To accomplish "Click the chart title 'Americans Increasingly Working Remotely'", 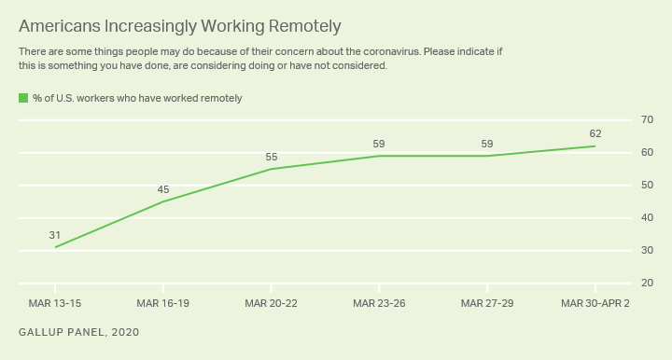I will pyautogui.click(x=179, y=25).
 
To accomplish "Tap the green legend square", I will pyautogui.click(x=23, y=98).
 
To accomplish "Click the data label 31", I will pyautogui.click(x=55, y=235).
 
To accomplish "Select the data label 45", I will pyautogui.click(x=163, y=189).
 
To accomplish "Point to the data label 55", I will pyautogui.click(x=271, y=157).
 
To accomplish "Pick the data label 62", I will pyautogui.click(x=595, y=133).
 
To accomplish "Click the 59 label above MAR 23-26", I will pyautogui.click(x=379, y=144).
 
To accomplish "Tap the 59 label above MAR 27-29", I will pyautogui.click(x=487, y=144).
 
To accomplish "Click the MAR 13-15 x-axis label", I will pyautogui.click(x=55, y=303).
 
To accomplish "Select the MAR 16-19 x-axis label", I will pyautogui.click(x=163, y=303).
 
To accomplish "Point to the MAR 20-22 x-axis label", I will pyautogui.click(x=271, y=303).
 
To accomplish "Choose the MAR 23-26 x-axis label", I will pyautogui.click(x=379, y=303).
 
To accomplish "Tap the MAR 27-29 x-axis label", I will pyautogui.click(x=487, y=303).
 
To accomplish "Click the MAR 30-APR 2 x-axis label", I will pyautogui.click(x=594, y=303).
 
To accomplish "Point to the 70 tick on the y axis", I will pyautogui.click(x=646, y=120).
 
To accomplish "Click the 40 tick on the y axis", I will pyautogui.click(x=646, y=217).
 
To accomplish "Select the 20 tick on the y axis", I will pyautogui.click(x=646, y=283).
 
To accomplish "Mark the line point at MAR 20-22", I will pyautogui.click(x=271, y=169).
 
